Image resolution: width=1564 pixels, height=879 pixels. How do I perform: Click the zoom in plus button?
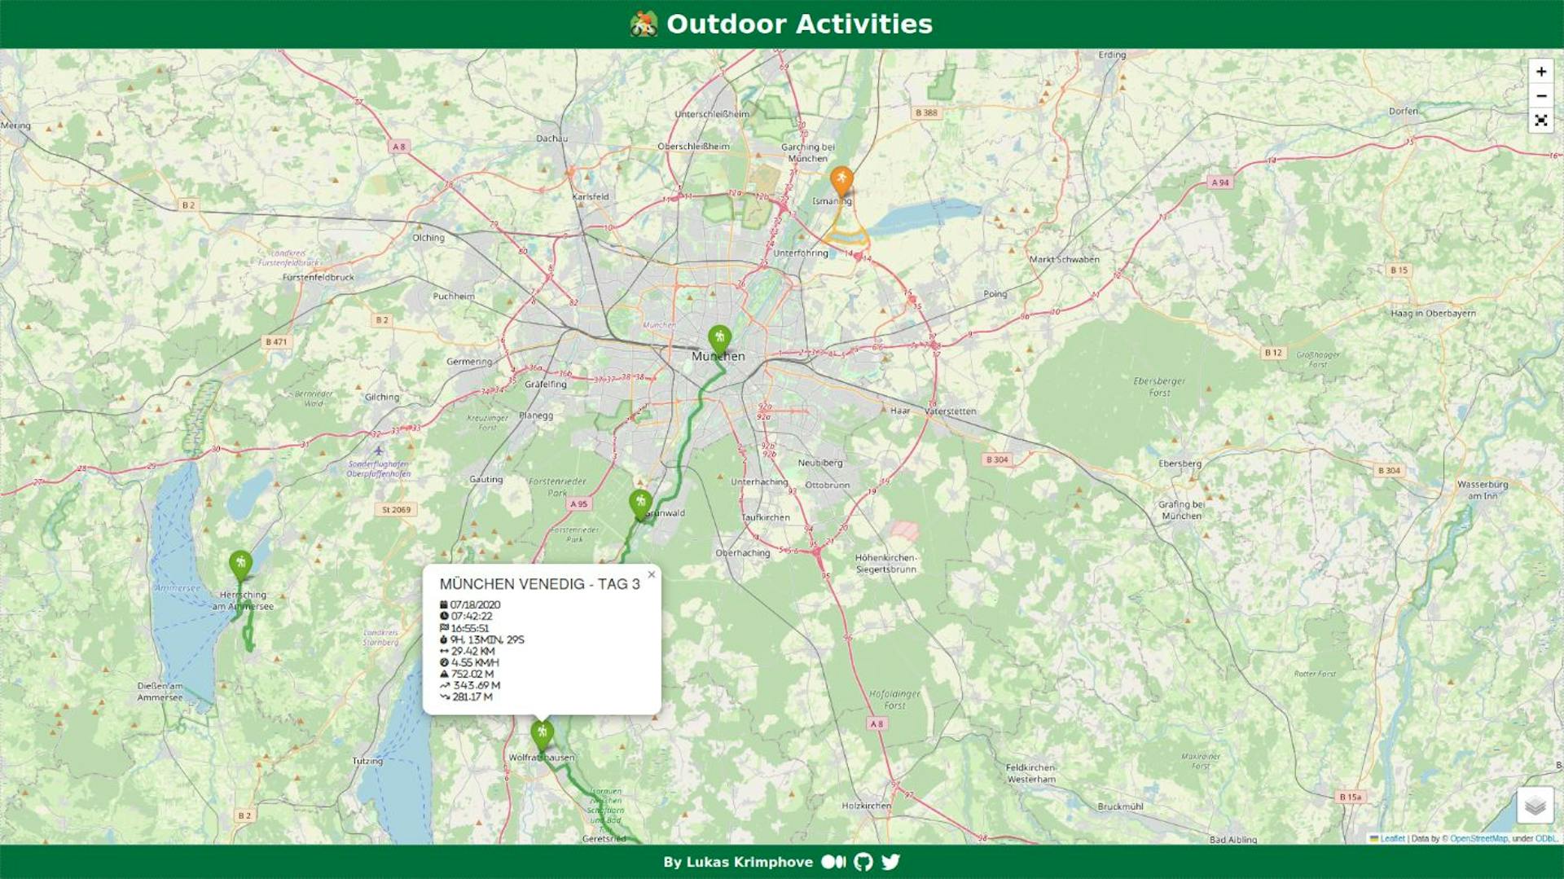[1540, 72]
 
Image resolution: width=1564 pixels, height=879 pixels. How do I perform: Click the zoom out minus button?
[1540, 96]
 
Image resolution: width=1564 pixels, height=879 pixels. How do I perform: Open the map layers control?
[1535, 806]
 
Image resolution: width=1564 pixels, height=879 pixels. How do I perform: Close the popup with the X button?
[651, 574]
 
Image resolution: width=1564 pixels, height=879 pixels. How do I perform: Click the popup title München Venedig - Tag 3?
[539, 584]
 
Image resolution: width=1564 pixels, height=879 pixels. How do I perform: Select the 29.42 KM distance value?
[472, 651]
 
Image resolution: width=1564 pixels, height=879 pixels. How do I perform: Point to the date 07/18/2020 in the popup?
[475, 604]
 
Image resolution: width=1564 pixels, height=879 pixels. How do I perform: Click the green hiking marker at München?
[719, 338]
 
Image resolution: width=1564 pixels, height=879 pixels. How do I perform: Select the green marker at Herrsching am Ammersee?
[240, 564]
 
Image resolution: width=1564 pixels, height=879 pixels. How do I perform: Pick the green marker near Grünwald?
[640, 503]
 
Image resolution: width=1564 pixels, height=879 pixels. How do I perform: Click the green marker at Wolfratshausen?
[542, 733]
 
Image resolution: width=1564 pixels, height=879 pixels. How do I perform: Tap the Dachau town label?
[551, 138]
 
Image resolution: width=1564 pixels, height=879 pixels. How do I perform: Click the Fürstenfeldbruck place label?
[318, 277]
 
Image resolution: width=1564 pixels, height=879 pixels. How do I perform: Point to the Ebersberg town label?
[1180, 464]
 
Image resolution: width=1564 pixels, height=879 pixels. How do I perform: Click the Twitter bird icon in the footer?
[890, 862]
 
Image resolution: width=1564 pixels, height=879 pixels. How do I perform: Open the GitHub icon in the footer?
[863, 862]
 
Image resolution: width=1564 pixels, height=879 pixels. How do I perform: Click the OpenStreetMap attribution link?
[1478, 838]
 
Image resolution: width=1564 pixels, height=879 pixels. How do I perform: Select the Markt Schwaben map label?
[1064, 259]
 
